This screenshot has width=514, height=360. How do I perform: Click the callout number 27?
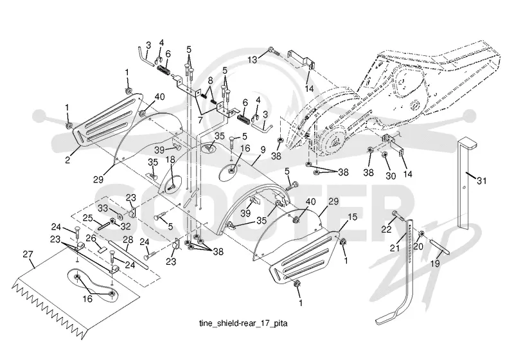tap(28, 255)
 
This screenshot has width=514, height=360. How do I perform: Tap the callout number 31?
tap(481, 181)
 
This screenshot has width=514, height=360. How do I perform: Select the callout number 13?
tap(253, 60)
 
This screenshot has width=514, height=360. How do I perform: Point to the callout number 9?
tap(263, 150)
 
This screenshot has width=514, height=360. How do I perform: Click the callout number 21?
tap(394, 248)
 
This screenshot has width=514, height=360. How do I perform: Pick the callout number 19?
tap(435, 264)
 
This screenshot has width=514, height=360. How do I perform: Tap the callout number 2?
tap(67, 160)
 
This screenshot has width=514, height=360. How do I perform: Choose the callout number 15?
tap(352, 217)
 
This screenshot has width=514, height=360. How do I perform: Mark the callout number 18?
tap(170, 159)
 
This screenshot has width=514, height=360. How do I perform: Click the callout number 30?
tap(391, 176)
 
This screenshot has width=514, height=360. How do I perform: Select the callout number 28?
tap(128, 240)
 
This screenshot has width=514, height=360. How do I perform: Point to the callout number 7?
tap(200, 120)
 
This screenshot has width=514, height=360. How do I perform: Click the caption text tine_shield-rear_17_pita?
tap(244, 323)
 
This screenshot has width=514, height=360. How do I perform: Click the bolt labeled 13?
tap(272, 51)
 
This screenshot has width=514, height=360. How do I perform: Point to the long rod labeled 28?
tap(128, 255)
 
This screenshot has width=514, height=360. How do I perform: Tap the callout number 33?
tap(103, 208)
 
